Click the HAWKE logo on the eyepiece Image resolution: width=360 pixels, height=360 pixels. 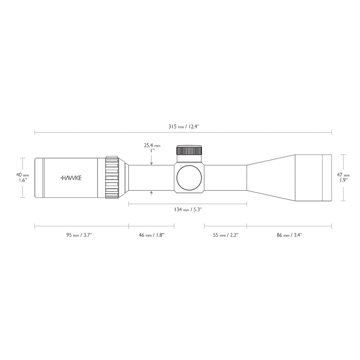pos(71,178)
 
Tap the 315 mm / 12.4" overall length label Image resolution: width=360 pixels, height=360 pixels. pos(184,127)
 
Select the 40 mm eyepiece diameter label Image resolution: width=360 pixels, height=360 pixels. pos(22,175)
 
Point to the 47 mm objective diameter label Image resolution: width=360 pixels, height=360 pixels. pos(343,175)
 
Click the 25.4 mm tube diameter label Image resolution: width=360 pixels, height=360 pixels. pos(152,145)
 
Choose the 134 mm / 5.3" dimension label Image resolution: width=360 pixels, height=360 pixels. pos(188,209)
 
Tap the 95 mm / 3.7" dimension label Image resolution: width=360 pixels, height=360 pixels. pos(79,235)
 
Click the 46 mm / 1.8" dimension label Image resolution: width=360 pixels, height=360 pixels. pos(151,235)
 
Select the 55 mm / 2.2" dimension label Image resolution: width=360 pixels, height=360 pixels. pos(226,235)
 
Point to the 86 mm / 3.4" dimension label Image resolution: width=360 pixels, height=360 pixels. pos(289,235)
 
